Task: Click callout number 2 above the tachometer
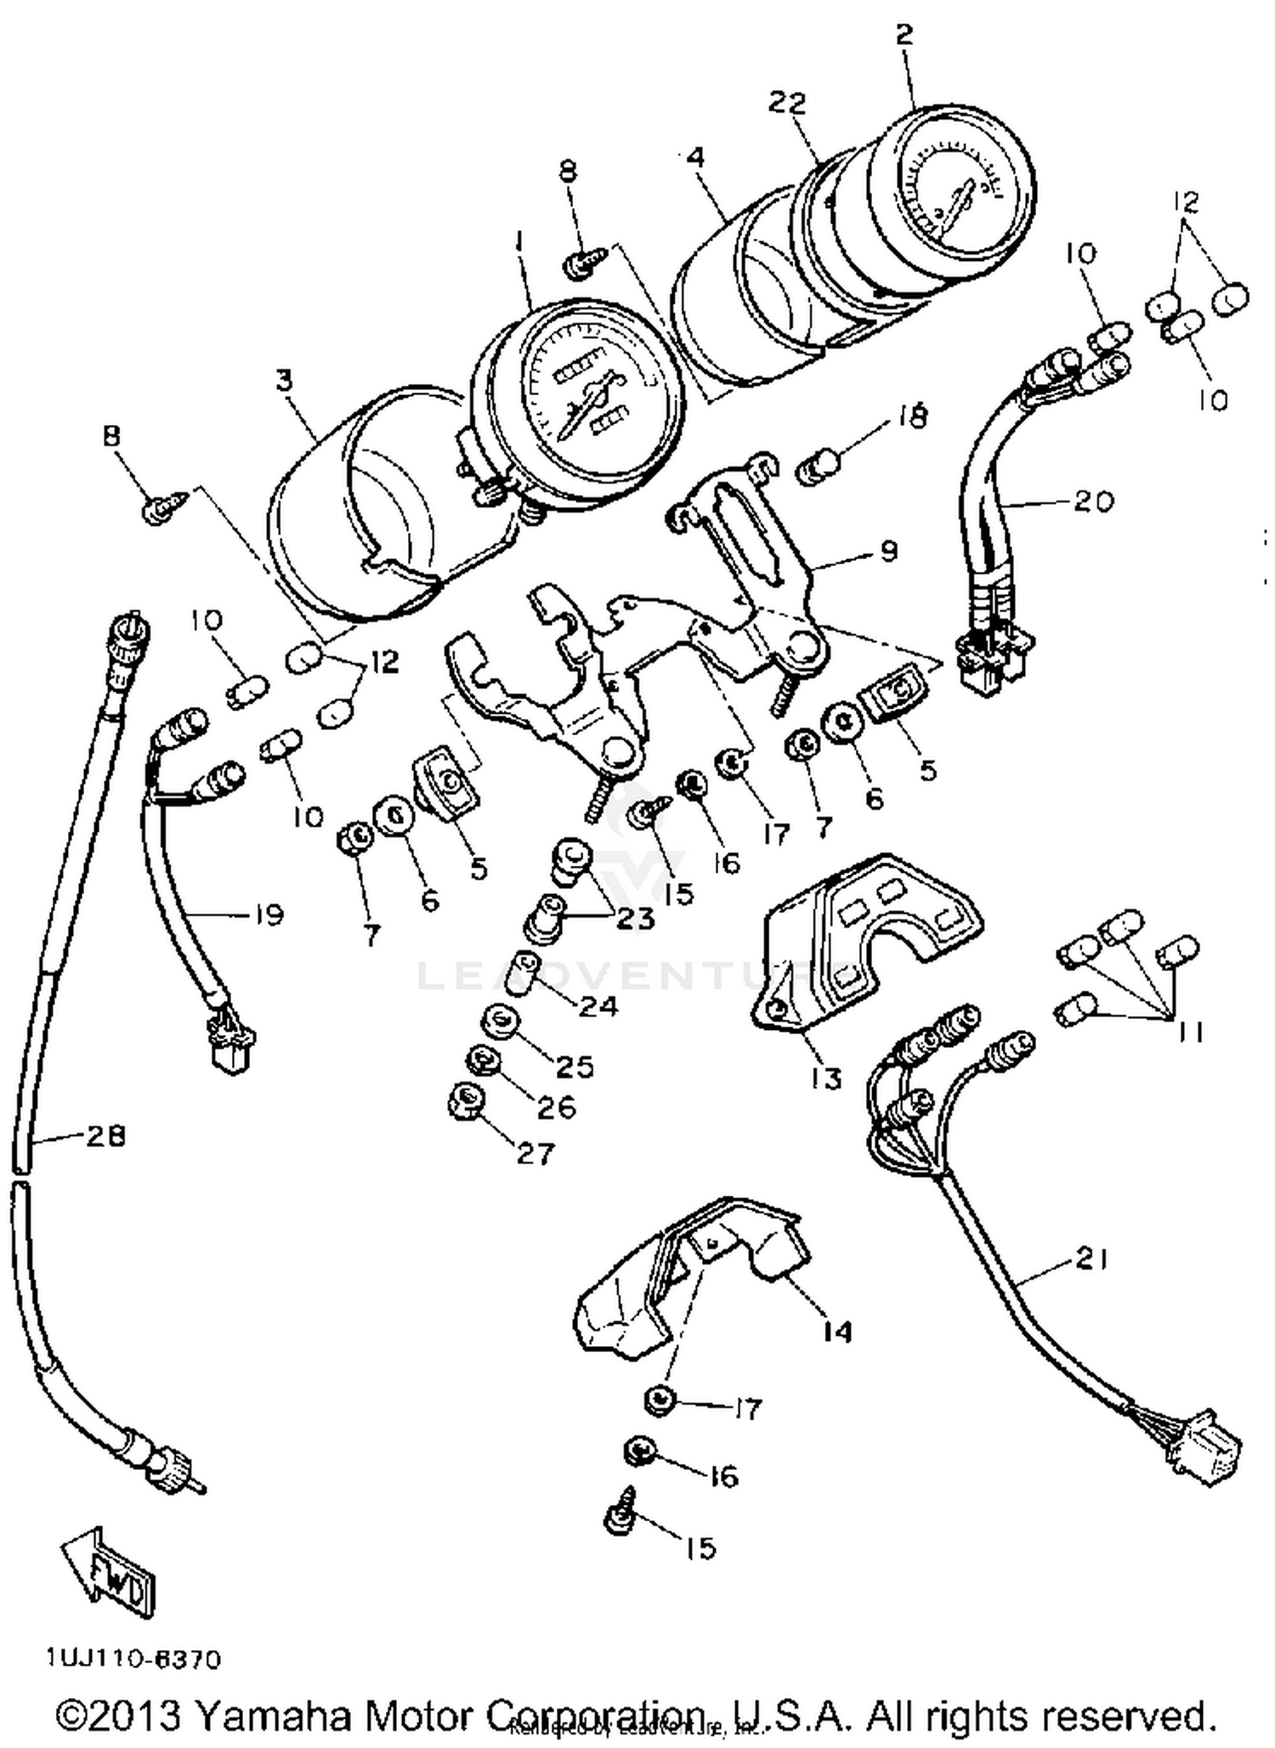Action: pos(904,35)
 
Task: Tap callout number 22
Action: pos(787,103)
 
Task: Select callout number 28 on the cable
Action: pos(105,1135)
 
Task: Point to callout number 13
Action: pos(825,1078)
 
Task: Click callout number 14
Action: pos(836,1331)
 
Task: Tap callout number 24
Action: pos(598,1006)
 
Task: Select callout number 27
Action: pos(535,1153)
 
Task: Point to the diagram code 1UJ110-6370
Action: pos(133,1660)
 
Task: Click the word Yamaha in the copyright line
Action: pos(273,1715)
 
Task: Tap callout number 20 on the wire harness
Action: pos(1092,501)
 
